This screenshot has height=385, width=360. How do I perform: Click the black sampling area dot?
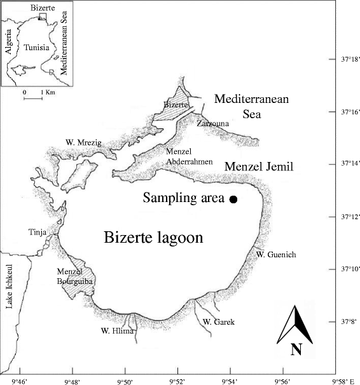[233, 199]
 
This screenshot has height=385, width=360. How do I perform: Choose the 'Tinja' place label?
[36, 231]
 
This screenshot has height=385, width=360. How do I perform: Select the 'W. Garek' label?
[219, 323]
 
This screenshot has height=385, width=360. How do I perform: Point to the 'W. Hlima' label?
[114, 330]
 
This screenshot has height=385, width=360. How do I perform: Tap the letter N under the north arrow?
[296, 349]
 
